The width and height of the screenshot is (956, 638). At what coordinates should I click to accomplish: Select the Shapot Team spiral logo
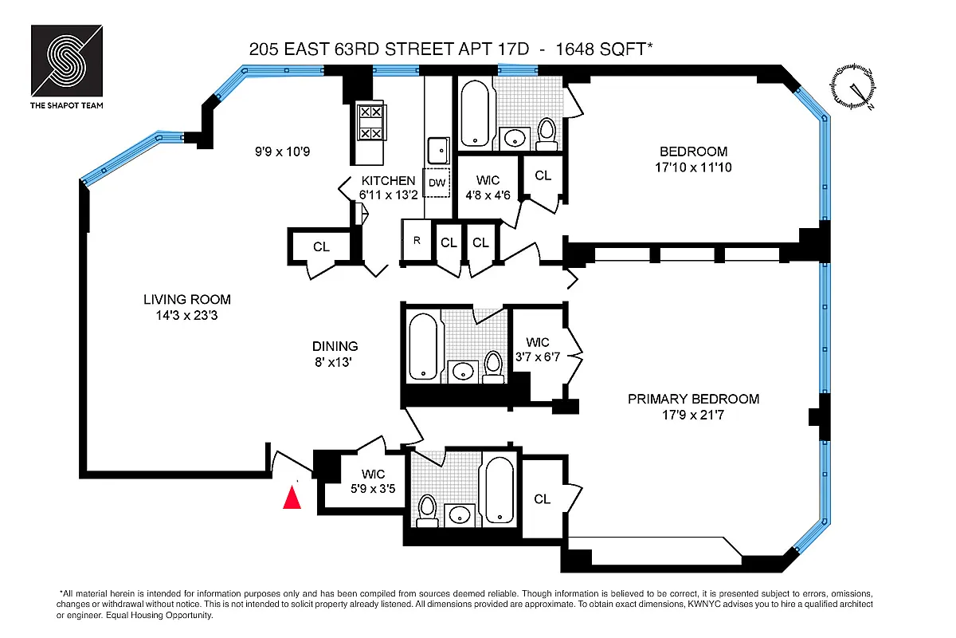67,61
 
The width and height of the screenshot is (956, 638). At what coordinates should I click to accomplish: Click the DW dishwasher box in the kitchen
437,183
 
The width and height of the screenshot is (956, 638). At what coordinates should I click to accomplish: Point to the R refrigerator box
416,241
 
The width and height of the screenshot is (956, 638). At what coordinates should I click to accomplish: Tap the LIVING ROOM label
187,300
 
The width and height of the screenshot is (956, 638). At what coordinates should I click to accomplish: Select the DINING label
335,346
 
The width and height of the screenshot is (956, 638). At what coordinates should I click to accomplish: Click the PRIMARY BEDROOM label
693,399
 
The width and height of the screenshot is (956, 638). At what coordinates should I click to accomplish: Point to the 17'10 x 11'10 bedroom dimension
693,167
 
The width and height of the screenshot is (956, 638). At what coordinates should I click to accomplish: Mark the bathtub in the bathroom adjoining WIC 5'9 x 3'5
500,488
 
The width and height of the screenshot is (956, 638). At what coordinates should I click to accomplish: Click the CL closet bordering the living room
320,247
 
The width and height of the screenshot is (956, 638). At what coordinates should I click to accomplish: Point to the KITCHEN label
388,181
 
